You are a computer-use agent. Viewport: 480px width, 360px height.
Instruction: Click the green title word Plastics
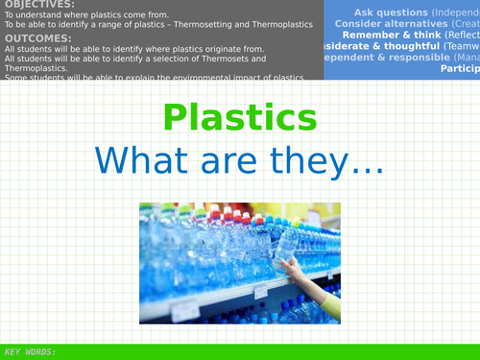(x=239, y=117)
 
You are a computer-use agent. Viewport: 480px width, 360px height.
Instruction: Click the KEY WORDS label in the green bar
(x=30, y=351)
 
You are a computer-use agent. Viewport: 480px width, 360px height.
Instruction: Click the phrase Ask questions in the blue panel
(x=380, y=12)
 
